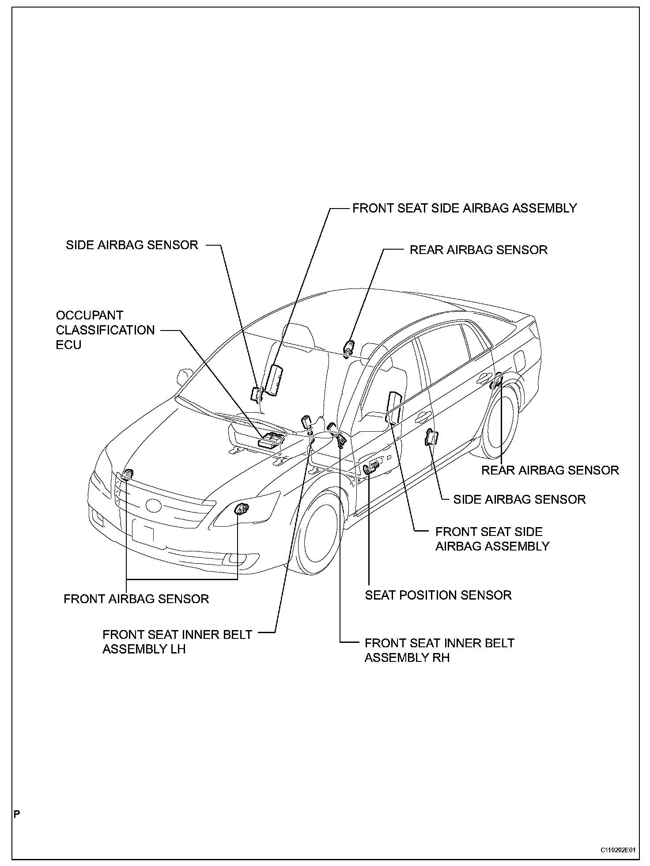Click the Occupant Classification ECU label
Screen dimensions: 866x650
105,330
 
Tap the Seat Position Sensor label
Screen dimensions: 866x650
438,595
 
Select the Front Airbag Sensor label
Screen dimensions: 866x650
136,599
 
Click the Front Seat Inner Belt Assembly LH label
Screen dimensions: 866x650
177,642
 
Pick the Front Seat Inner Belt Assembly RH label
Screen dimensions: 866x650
439,650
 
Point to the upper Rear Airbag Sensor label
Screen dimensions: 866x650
478,250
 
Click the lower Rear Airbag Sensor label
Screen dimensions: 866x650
550,470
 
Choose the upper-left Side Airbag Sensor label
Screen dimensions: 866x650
132,245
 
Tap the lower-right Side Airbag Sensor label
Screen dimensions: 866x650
519,499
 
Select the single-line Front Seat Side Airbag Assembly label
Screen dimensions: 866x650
465,208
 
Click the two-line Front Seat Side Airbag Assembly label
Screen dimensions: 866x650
492,539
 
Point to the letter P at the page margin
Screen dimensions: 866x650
17,814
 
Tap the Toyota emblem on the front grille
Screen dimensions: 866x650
153,504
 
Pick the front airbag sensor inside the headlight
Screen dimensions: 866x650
241,509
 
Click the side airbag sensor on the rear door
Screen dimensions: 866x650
430,437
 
